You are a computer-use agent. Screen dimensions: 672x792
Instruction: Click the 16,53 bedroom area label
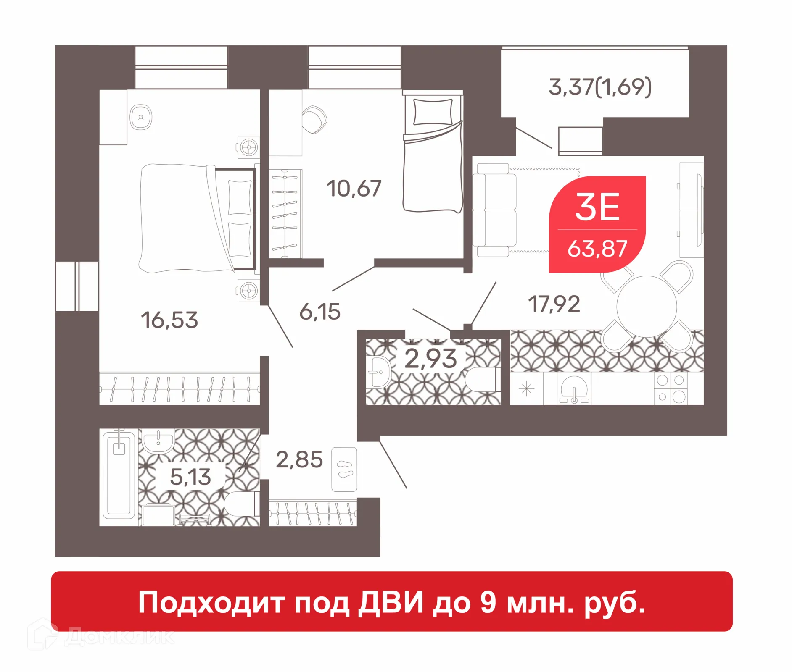pyautogui.click(x=169, y=320)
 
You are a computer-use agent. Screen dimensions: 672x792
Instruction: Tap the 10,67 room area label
pyautogui.click(x=354, y=188)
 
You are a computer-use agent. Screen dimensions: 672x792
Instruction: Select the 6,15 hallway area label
pyautogui.click(x=319, y=312)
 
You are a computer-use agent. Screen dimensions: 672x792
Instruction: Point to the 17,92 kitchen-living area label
pyautogui.click(x=554, y=304)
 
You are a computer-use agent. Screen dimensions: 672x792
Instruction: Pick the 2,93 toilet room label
pyautogui.click(x=430, y=359)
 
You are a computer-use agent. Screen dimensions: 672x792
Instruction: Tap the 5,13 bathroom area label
pyautogui.click(x=190, y=477)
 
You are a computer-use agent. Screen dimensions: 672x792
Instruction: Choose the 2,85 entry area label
pyautogui.click(x=299, y=459)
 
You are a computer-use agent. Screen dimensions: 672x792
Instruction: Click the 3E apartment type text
pyautogui.click(x=597, y=207)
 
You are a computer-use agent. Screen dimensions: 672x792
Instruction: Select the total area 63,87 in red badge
pyautogui.click(x=597, y=249)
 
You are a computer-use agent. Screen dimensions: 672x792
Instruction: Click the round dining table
pyautogui.click(x=647, y=306)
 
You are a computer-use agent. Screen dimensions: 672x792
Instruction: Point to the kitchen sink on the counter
pyautogui.click(x=574, y=388)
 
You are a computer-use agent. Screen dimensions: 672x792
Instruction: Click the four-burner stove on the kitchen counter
pyautogui.click(x=671, y=388)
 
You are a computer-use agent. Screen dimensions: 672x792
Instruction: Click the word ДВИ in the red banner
pyautogui.click(x=391, y=603)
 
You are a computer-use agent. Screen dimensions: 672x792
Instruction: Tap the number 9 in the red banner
pyautogui.click(x=488, y=603)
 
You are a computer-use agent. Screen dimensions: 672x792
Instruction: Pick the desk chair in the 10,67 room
pyautogui.click(x=314, y=120)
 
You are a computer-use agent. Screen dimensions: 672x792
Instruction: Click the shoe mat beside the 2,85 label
pyautogui.click(x=344, y=469)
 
